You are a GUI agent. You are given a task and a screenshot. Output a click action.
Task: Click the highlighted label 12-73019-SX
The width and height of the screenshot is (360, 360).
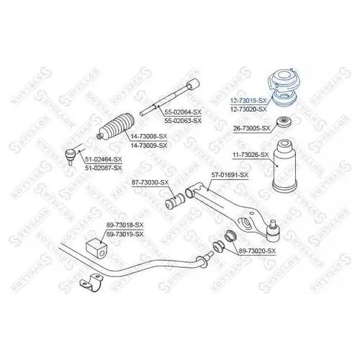pos(248,102)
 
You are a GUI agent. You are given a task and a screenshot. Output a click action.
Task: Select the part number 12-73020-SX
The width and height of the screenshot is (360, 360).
pos(248,109)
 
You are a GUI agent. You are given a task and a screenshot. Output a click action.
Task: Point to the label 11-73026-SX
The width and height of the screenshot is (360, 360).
pos(251,153)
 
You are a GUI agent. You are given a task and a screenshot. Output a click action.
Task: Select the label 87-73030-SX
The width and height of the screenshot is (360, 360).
pos(150,183)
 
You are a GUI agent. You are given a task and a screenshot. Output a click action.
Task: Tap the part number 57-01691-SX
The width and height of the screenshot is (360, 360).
pos(230,175)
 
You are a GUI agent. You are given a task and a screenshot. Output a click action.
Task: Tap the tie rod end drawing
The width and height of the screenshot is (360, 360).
pos(73,152)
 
